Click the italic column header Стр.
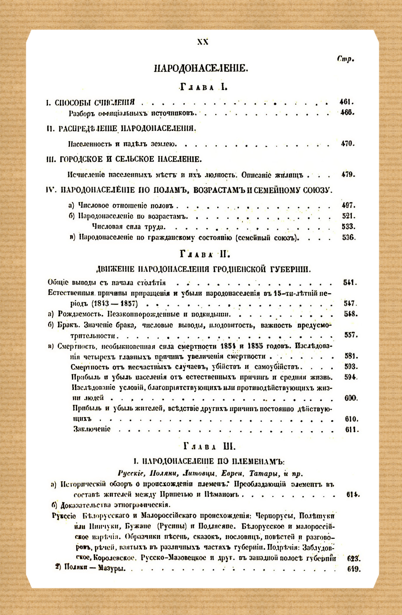pyautogui.click(x=345, y=59)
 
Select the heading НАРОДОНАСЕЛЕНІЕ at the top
pyautogui.click(x=201, y=69)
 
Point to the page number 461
pyautogui.click(x=346, y=102)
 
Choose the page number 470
pyautogui.click(x=348, y=144)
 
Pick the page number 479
pyautogui.click(x=348, y=175)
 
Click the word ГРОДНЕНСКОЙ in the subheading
pyautogui.click(x=240, y=270)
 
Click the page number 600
pyautogui.click(x=351, y=398)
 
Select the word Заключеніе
pyautogui.click(x=92, y=429)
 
